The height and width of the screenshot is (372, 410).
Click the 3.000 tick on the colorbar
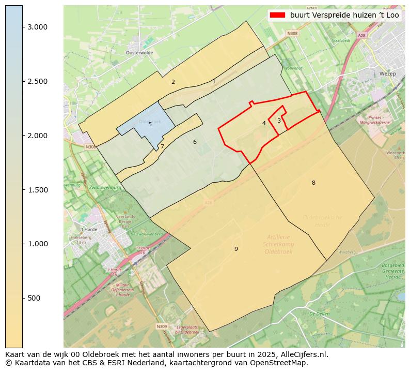(x=23, y=27)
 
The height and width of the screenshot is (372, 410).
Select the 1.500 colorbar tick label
(x=38, y=190)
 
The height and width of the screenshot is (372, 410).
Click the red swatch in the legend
(x=277, y=15)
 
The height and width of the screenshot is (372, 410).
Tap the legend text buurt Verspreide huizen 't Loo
(x=344, y=15)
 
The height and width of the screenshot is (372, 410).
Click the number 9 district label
(x=236, y=249)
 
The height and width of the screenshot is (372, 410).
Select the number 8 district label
(x=313, y=183)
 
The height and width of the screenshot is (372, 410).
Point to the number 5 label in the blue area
(x=150, y=124)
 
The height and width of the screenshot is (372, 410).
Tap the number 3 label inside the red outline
(x=279, y=121)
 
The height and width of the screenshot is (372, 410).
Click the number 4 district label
(x=264, y=123)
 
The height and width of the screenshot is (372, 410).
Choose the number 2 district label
(x=173, y=82)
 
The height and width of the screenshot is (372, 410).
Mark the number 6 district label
(x=195, y=142)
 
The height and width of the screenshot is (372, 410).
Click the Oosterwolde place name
(x=139, y=53)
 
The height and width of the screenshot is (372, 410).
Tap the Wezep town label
(x=387, y=74)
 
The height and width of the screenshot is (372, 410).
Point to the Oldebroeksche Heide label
(x=322, y=221)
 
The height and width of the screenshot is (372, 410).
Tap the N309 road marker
(x=162, y=326)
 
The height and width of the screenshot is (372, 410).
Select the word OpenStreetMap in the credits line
(x=281, y=363)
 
